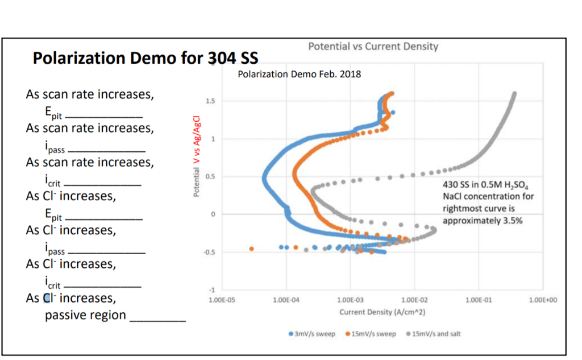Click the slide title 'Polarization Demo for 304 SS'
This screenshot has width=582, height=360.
(145, 58)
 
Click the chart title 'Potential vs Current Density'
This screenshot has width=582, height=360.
(373, 47)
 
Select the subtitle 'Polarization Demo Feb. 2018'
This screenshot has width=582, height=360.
(299, 74)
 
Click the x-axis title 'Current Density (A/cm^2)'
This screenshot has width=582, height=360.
(383, 312)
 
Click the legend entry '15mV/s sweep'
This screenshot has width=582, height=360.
(371, 333)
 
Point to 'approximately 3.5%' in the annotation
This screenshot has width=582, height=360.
(482, 220)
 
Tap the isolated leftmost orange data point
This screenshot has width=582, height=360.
(252, 249)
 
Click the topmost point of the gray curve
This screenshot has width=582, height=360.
(514, 94)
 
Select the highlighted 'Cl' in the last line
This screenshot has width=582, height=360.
(48, 298)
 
